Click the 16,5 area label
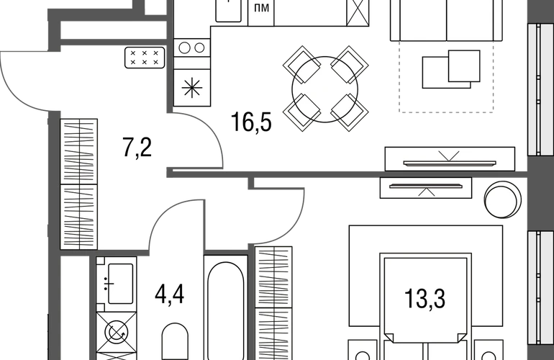(x=251, y=122)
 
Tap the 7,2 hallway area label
(x=137, y=148)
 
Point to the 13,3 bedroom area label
(x=424, y=299)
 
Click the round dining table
(x=324, y=89)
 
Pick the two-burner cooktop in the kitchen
(x=192, y=48)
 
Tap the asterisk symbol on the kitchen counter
(x=192, y=88)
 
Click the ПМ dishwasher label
(x=261, y=7)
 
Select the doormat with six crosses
(x=145, y=58)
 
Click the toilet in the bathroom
(x=175, y=341)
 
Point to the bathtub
(x=225, y=310)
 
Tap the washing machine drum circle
(x=117, y=333)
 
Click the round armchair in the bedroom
(x=503, y=200)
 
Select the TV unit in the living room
(x=450, y=159)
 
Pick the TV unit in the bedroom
(x=426, y=188)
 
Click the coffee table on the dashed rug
(x=451, y=69)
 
